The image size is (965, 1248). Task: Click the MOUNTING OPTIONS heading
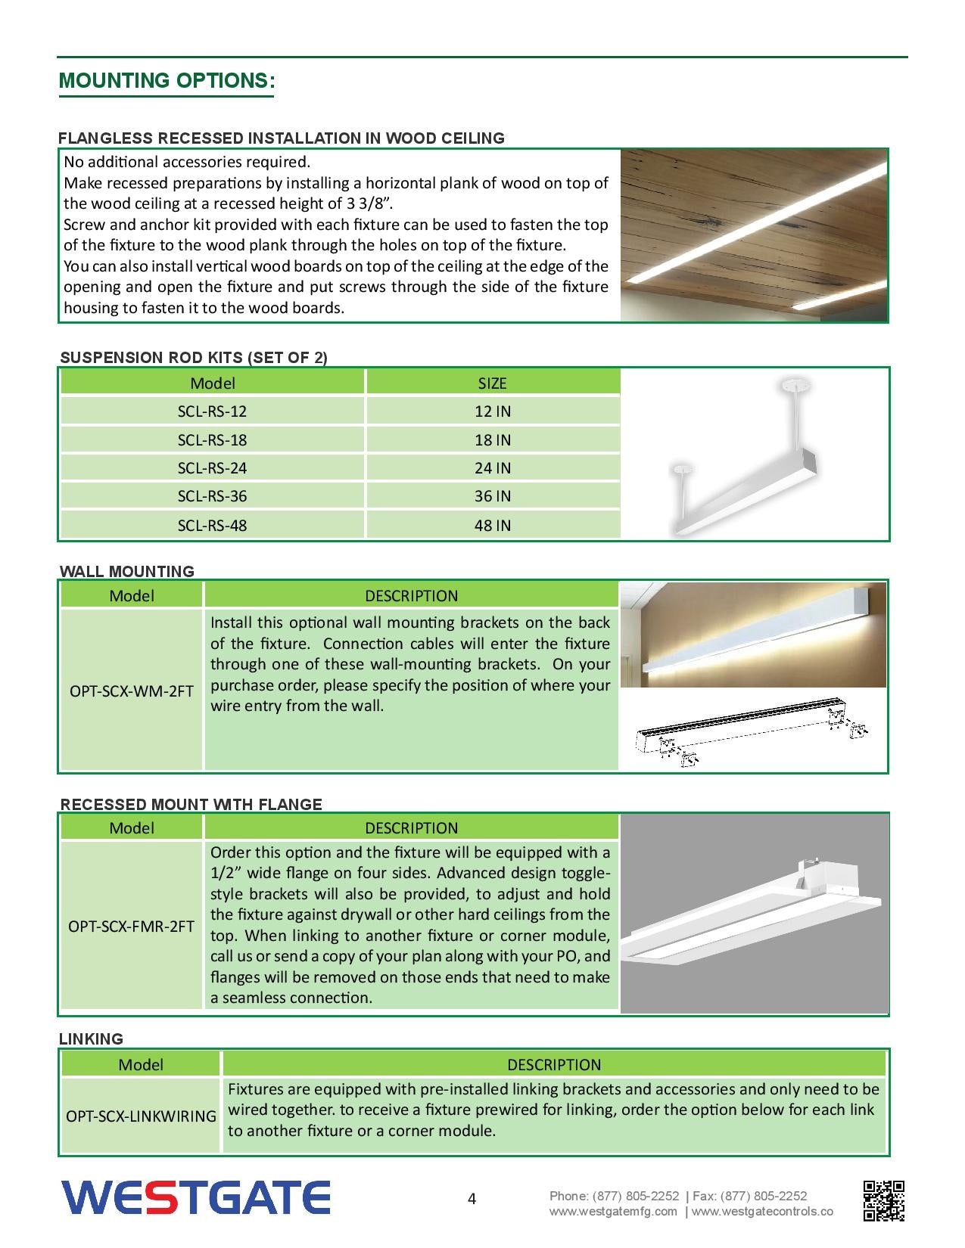click(x=167, y=81)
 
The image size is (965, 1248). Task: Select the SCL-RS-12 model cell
click(x=212, y=411)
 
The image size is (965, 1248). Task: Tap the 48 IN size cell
click(x=492, y=525)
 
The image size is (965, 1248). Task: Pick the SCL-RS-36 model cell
click(x=212, y=496)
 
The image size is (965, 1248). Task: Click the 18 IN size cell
click(x=492, y=440)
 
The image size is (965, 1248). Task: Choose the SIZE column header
click(x=492, y=383)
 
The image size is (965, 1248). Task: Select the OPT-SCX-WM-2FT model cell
click(x=132, y=691)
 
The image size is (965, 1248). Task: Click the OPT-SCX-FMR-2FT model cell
click(x=132, y=926)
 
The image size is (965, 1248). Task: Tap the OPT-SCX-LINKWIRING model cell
click(x=141, y=1116)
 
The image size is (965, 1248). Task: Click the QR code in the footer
click(x=884, y=1200)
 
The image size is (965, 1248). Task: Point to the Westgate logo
click(x=195, y=1198)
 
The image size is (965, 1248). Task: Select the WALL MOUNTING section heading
click(x=127, y=572)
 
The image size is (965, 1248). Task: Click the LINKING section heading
click(x=91, y=1039)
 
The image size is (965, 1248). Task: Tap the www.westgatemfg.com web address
click(x=613, y=1212)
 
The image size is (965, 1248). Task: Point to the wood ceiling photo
click(x=754, y=235)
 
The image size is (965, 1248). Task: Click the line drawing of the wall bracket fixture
click(x=752, y=731)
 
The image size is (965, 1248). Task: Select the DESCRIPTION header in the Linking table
click(x=554, y=1065)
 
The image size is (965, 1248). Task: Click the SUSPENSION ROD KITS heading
click(x=194, y=358)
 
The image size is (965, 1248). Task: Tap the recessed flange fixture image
click(x=754, y=914)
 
